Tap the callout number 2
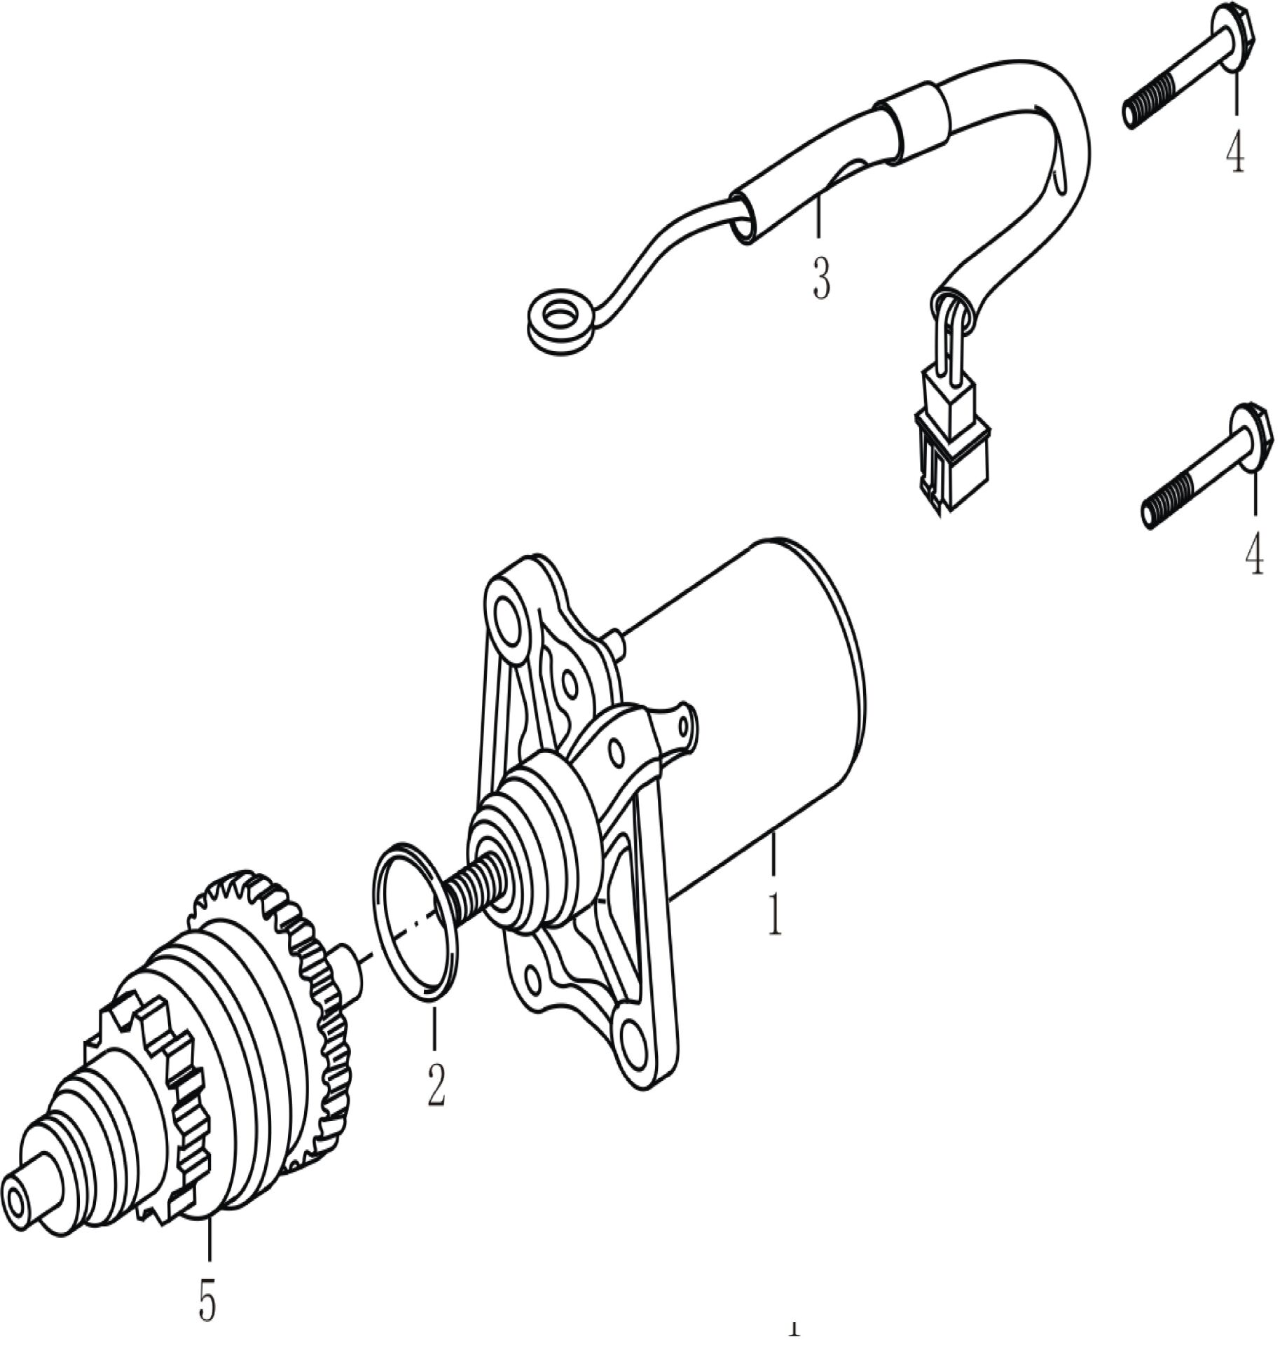point(435,1083)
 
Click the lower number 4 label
point(1253,552)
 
